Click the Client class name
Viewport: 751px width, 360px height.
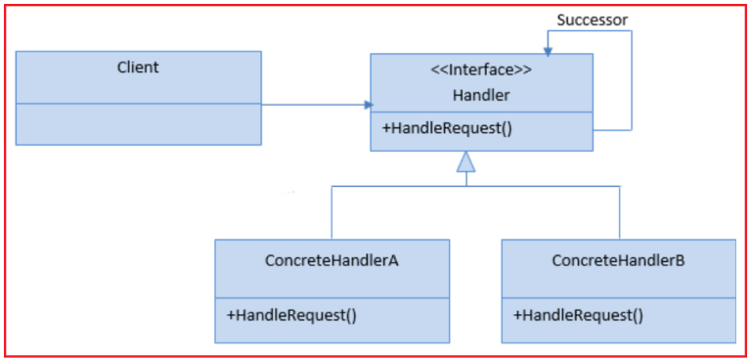tap(138, 67)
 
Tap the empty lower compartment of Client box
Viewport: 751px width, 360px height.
tap(138, 123)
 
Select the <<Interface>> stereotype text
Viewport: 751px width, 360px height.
tap(481, 69)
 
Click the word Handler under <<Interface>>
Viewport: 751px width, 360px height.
tap(481, 94)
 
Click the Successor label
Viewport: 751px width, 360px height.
tap(593, 20)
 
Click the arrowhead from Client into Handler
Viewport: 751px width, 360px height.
tap(367, 104)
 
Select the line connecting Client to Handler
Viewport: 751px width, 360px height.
tap(313, 104)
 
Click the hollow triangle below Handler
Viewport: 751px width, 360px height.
tap(466, 162)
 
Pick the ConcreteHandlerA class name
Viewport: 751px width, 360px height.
tap(331, 261)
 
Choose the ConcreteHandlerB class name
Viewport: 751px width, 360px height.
tap(618, 261)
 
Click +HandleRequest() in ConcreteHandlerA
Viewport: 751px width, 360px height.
tap(291, 315)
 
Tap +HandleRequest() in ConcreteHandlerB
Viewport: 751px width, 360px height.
tap(578, 315)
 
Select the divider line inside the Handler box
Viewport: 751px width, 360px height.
tap(481, 112)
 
